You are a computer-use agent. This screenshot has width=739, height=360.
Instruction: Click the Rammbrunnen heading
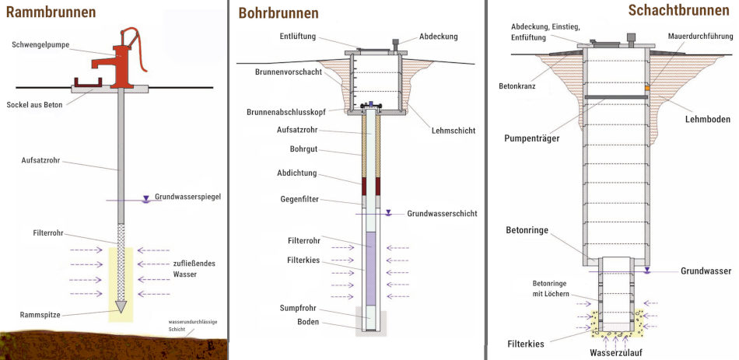(x=51, y=12)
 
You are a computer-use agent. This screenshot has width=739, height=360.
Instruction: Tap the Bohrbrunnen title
(x=278, y=13)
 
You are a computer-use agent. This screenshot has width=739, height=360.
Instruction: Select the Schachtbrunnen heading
(x=678, y=10)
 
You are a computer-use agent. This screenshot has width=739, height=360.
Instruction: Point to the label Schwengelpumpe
(x=40, y=45)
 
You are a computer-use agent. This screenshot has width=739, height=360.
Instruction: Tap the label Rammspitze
(x=40, y=315)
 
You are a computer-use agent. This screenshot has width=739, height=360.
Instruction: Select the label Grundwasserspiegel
(x=187, y=197)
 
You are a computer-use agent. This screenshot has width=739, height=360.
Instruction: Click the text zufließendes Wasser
(x=194, y=268)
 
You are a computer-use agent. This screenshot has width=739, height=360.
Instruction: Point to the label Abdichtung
(x=297, y=173)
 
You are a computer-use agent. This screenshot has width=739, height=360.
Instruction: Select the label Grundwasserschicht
(x=442, y=214)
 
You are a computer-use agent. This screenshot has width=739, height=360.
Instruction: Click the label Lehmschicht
(x=454, y=131)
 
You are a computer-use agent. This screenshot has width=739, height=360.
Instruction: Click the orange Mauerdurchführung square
(x=647, y=88)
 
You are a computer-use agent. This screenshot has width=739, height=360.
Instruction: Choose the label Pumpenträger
(x=531, y=138)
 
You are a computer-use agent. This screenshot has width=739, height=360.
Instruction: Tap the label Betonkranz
(x=517, y=86)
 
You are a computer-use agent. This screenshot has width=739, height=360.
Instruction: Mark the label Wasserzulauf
(x=615, y=352)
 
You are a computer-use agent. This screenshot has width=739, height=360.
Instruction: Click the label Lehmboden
(x=707, y=119)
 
